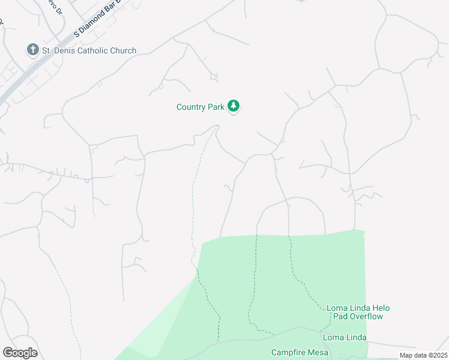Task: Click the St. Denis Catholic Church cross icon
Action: [33, 50]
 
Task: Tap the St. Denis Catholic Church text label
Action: [89, 51]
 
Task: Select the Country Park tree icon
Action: [234, 107]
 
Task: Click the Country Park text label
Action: [200, 107]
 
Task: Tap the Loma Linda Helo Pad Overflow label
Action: [358, 312]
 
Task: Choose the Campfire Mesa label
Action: [297, 352]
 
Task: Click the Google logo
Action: [20, 353]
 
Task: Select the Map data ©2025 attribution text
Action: [423, 355]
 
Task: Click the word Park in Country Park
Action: [215, 107]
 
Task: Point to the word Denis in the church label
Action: [65, 51]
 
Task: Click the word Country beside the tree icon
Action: [191, 107]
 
